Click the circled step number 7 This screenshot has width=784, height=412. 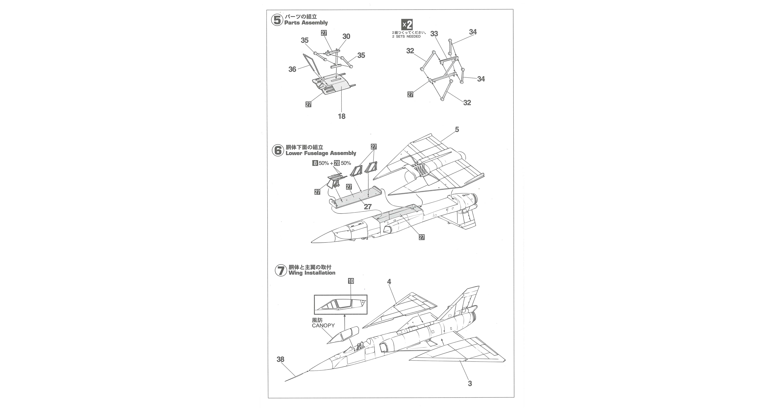[x=281, y=271]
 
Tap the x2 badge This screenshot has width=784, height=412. [x=407, y=24]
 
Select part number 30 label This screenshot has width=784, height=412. [x=346, y=37]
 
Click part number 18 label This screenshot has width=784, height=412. [x=341, y=116]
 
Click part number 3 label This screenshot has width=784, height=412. [x=470, y=384]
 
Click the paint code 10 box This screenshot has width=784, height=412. [x=351, y=281]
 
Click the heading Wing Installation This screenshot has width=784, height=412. [x=312, y=273]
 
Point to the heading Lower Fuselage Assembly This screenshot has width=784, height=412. [x=321, y=153]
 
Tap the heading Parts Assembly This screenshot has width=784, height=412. [x=306, y=23]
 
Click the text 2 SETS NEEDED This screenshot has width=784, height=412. [x=406, y=37]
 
